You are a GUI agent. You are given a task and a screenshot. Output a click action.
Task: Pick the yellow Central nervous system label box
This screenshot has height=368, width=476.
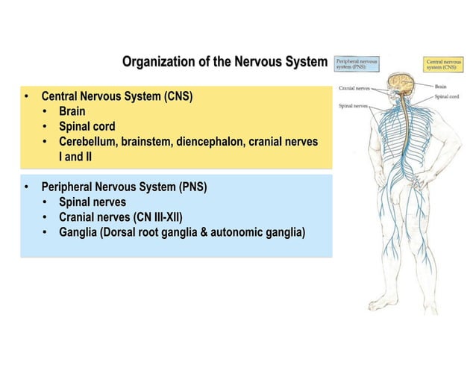[x=443, y=65]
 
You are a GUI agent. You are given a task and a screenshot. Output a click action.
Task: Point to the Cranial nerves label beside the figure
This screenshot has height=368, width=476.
[x=355, y=89]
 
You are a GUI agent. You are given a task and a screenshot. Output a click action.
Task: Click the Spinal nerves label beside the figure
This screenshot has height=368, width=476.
[x=354, y=106]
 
